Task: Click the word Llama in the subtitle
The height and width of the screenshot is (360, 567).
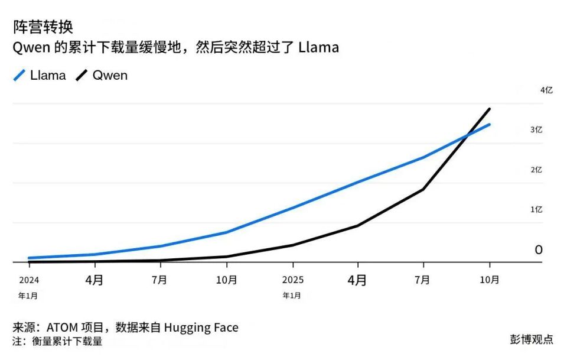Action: point(318,48)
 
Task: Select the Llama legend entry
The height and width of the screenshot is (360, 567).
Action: point(40,76)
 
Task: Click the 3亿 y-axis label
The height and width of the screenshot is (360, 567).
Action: point(536,129)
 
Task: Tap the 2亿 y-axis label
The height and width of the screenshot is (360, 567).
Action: point(536,170)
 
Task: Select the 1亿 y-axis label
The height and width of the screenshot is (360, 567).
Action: point(536,209)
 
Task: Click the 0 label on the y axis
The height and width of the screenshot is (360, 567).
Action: point(538,250)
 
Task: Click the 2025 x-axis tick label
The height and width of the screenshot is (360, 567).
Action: point(292,280)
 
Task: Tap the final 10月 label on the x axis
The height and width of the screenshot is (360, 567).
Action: point(490,280)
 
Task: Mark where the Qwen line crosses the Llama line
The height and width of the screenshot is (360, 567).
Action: point(467,136)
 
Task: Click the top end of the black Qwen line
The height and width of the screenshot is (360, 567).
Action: point(489,109)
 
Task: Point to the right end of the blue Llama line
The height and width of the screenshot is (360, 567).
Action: point(489,125)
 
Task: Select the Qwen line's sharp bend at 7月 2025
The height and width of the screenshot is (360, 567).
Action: point(423,189)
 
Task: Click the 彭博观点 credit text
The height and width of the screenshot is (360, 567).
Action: point(532,339)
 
